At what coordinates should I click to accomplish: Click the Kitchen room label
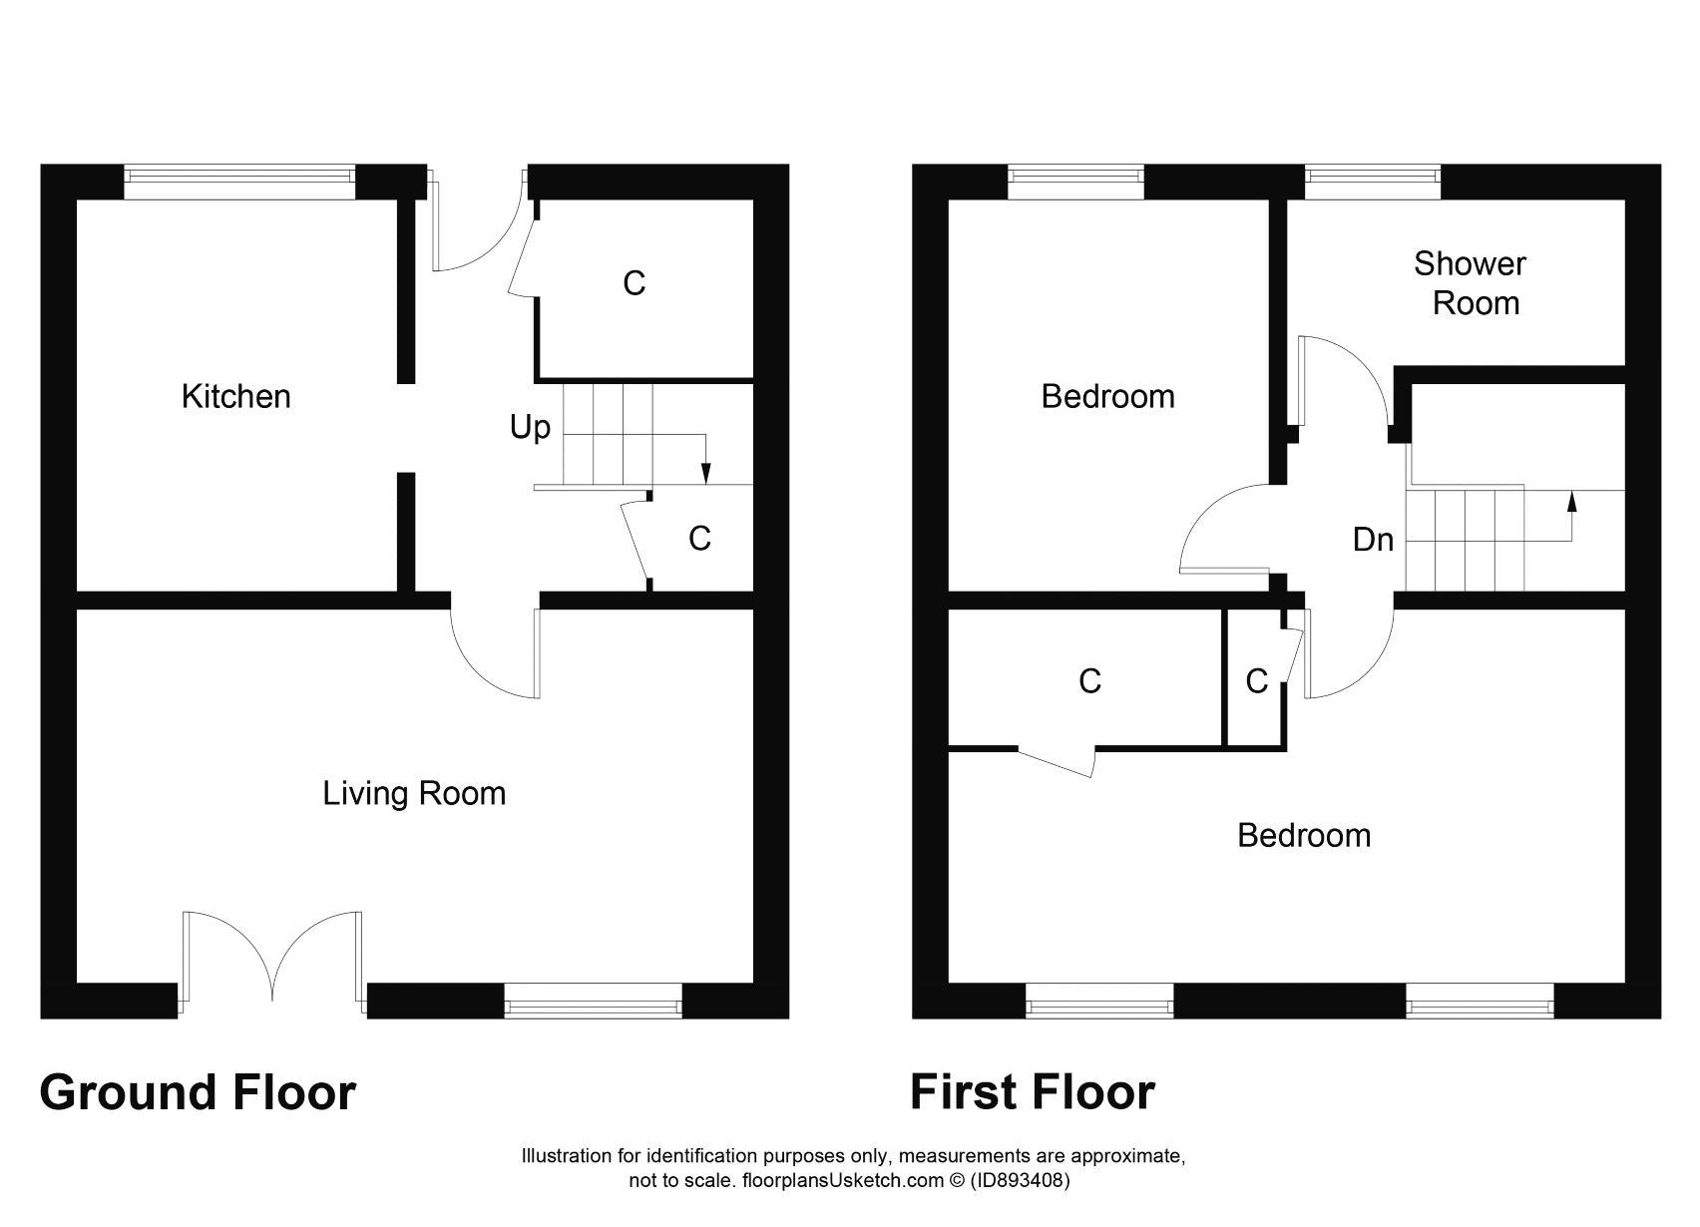click(x=235, y=397)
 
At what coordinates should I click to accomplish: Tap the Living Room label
click(x=414, y=794)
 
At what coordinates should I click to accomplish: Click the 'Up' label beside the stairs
click(x=530, y=428)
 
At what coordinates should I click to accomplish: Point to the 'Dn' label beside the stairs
click(x=1372, y=540)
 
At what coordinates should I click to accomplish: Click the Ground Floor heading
click(x=198, y=1092)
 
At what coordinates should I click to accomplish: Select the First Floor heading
click(x=1032, y=1092)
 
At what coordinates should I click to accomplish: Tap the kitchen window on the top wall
click(x=239, y=182)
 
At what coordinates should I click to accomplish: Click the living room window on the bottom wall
click(x=593, y=1000)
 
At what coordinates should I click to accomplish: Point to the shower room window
click(x=1373, y=182)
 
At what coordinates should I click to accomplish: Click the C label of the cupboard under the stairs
click(x=699, y=539)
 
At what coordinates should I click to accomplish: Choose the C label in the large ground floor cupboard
click(x=634, y=284)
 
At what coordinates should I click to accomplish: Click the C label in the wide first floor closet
click(x=1089, y=681)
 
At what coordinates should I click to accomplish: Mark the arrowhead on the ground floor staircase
click(x=706, y=474)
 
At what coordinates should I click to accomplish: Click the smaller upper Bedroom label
click(x=1107, y=397)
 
